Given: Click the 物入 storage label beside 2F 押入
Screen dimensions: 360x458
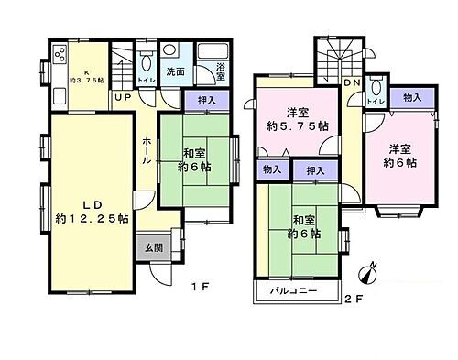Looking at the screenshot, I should [x=271, y=170].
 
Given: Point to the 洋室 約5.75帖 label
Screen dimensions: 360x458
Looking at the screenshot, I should [x=296, y=120].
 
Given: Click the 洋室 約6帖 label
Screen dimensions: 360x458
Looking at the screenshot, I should [x=400, y=154].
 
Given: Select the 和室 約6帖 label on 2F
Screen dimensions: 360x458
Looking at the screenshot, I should [x=301, y=226].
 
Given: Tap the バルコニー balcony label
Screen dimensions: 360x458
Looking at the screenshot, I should [x=293, y=291].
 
